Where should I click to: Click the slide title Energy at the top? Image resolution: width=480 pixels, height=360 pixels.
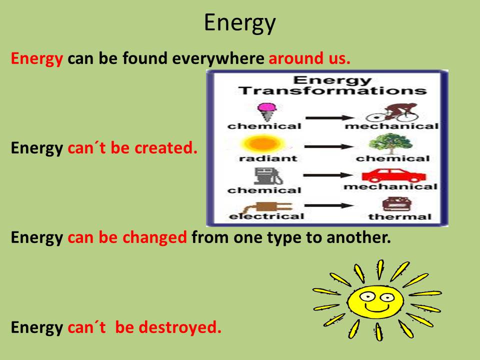[x=239, y=23]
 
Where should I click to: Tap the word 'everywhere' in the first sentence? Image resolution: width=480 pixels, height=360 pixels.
[x=218, y=59]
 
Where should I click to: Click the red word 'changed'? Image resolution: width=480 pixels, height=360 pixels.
[x=154, y=237]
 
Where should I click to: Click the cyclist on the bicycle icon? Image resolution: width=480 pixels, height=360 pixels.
[x=392, y=111]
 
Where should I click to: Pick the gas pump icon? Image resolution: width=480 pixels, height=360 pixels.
[x=263, y=176]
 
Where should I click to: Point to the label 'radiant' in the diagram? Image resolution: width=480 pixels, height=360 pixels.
[x=261, y=158]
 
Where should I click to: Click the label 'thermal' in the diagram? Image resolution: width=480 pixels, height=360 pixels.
[x=399, y=217]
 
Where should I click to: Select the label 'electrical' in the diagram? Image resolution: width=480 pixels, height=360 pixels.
[x=266, y=216]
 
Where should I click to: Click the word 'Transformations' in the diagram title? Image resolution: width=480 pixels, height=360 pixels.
[x=332, y=90]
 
